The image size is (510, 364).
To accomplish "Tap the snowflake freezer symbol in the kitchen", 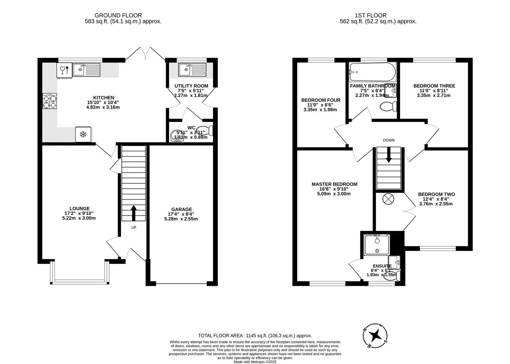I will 83,134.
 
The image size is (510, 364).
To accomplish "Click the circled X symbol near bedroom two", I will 388,199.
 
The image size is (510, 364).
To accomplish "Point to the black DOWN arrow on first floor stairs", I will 389,156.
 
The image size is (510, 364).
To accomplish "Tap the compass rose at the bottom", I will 375,336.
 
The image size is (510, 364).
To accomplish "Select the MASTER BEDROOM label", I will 334,184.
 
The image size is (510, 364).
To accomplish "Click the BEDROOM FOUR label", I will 321,100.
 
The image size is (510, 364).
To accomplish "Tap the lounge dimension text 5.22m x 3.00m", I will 79,218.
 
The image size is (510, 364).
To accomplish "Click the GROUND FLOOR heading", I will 118,15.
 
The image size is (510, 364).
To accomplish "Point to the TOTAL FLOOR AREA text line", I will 255,336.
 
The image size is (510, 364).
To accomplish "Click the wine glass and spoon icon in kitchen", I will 64,70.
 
